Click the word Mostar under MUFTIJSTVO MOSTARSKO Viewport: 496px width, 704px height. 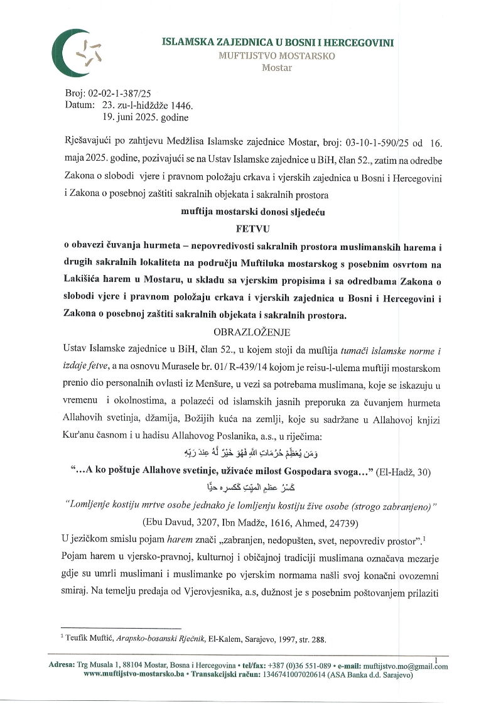coord(277,68)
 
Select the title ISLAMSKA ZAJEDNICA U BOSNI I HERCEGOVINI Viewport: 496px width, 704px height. coord(278,42)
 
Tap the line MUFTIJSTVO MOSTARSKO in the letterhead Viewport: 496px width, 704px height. coord(277,56)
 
